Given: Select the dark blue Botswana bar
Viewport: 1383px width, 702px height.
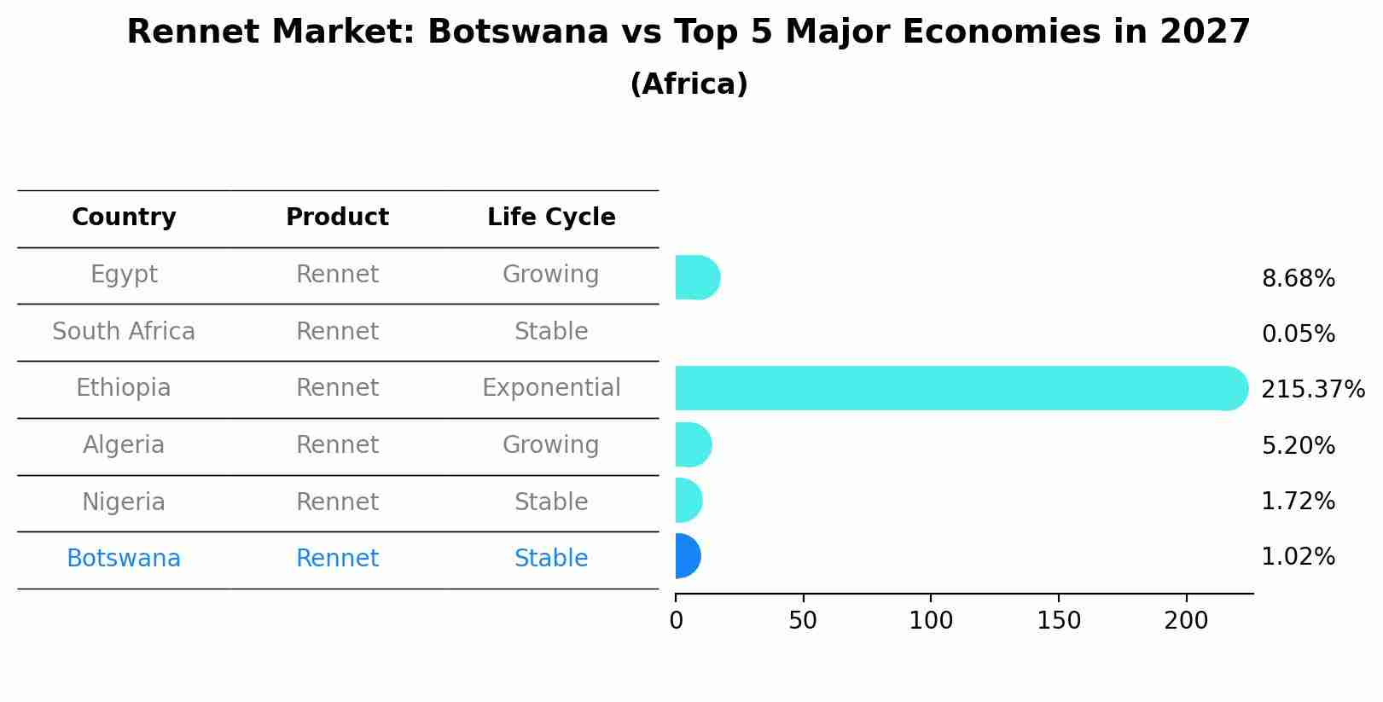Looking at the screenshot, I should point(688,556).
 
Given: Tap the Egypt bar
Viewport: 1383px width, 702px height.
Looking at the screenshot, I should point(697,277).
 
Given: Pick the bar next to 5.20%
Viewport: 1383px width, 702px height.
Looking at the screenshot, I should point(693,444).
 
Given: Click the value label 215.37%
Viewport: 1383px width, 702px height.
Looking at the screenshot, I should point(1312,390).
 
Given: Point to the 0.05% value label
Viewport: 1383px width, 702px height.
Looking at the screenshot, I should point(1298,334).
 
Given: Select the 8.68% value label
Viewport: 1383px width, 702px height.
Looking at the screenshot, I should point(1298,279).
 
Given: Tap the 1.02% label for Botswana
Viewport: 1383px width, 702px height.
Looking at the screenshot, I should point(1298,557).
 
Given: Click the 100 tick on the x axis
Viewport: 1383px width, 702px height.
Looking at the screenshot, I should point(930,621).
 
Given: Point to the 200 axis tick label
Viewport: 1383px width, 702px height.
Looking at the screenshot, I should point(1185,621).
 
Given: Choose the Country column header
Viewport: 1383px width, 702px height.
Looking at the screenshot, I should point(124,218).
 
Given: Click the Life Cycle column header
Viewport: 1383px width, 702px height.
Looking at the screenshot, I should point(551,218).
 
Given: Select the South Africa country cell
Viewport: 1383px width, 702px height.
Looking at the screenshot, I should point(124,332).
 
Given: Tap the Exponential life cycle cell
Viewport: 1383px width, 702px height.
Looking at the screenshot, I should point(551,388).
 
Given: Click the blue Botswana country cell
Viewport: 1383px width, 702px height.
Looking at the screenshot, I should point(124,559).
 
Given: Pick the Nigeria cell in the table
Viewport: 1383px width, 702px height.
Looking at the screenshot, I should point(124,502).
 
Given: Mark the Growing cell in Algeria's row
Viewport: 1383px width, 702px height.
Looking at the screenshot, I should point(551,445).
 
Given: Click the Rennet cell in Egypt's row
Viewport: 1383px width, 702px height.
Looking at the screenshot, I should point(337,275).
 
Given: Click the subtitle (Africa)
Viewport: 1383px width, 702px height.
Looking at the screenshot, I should point(689,84).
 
